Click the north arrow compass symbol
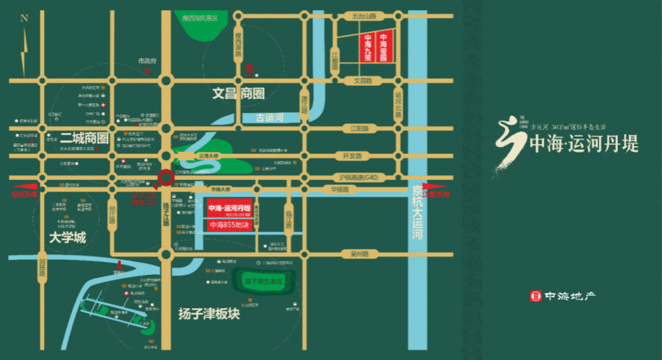(24, 40)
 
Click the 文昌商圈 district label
(239, 94)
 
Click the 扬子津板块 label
(209, 313)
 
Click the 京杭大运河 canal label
(417, 214)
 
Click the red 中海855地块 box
(230, 225)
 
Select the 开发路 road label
(351, 156)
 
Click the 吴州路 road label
(359, 254)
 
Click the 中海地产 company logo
(563, 295)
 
